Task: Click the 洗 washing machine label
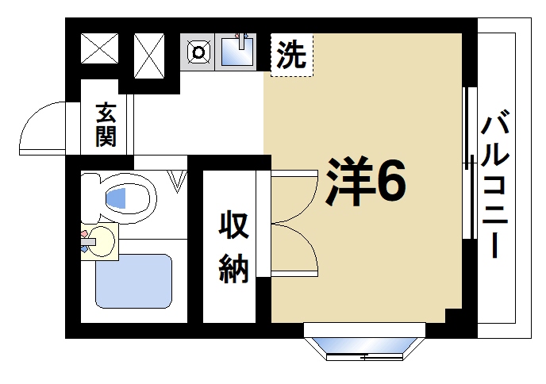pyautogui.click(x=291, y=55)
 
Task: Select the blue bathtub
pyautogui.click(x=134, y=280)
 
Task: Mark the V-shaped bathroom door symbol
pyautogui.click(x=179, y=183)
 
